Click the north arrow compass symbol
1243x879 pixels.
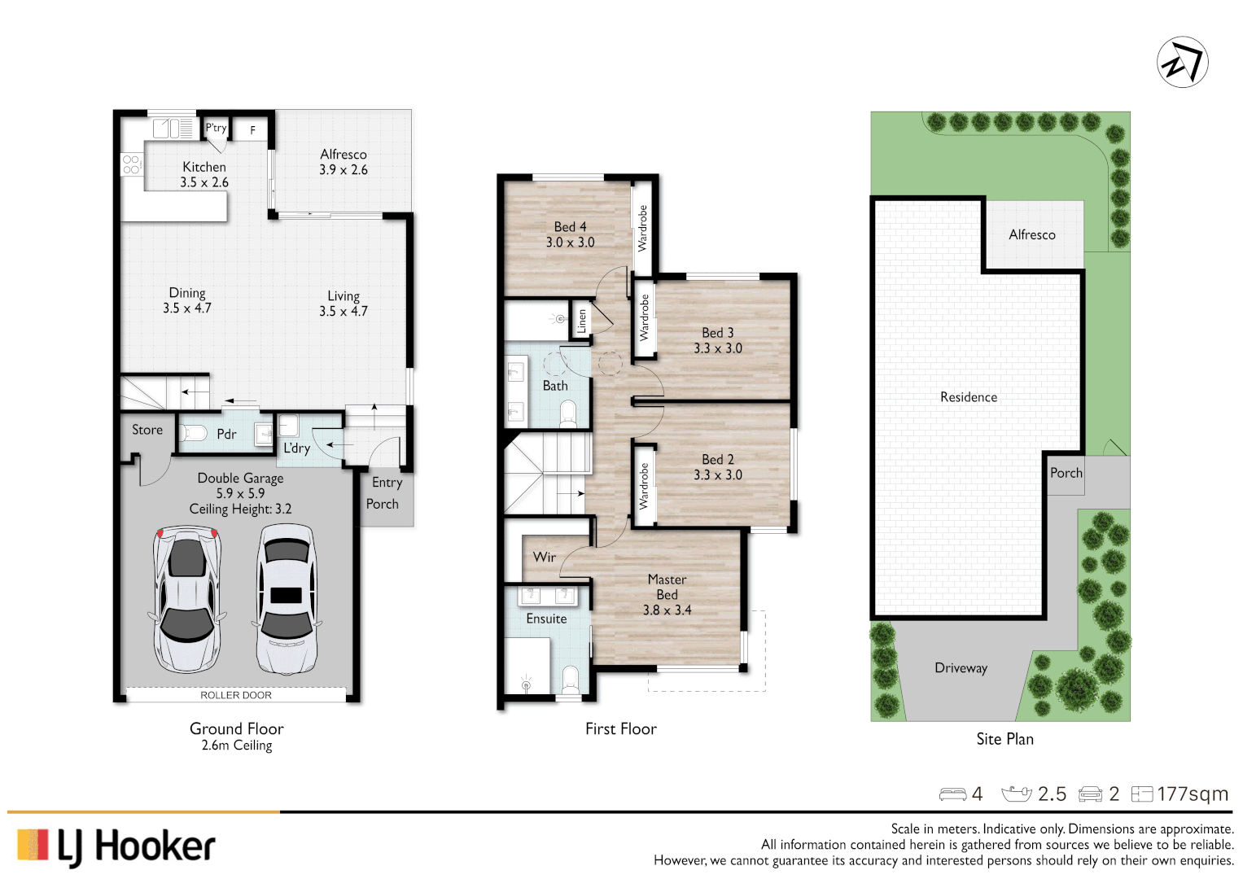[x=1182, y=62]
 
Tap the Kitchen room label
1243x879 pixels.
[x=204, y=167]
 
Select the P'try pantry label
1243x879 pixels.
[x=216, y=128]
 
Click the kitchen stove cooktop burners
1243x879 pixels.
[x=131, y=164]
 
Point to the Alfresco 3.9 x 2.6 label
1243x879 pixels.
[x=344, y=162]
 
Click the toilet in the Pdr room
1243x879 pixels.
[x=193, y=432]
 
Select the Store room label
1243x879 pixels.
[x=147, y=430]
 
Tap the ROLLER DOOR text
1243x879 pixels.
[x=236, y=695]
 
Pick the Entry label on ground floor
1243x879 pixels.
[x=387, y=483]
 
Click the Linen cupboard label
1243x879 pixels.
[x=581, y=321]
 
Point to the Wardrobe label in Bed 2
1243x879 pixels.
[x=644, y=486]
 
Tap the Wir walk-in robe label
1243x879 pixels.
[x=545, y=558]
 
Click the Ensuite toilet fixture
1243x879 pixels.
[x=571, y=680]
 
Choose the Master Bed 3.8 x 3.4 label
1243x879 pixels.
[x=667, y=594]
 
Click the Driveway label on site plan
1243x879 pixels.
[x=961, y=668]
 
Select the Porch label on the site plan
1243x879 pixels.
[x=1066, y=473]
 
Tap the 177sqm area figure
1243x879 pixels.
[x=1193, y=794]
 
